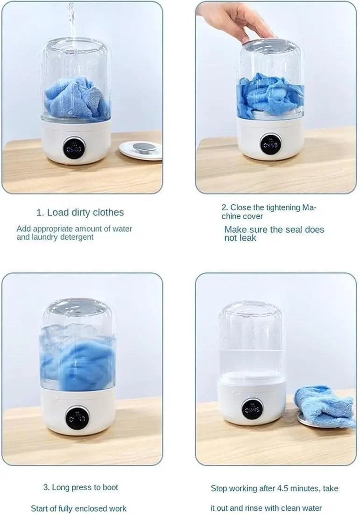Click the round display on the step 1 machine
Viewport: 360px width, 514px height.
[74, 148]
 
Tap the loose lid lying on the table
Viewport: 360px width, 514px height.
[141, 150]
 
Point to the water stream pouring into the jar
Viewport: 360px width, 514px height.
[71, 21]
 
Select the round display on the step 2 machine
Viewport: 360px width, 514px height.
[270, 144]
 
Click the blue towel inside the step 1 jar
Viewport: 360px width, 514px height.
[77, 99]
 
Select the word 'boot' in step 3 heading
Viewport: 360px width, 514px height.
[109, 487]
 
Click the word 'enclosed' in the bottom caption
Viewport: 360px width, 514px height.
[97, 508]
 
